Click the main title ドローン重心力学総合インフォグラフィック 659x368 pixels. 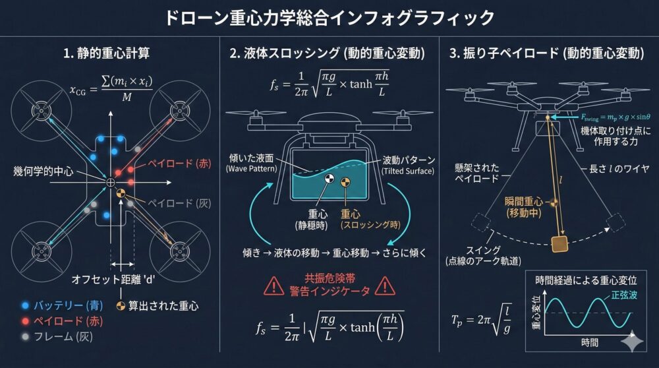click(x=329, y=17)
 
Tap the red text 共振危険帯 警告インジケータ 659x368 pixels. click(x=330, y=285)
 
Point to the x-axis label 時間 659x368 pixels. click(x=589, y=344)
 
